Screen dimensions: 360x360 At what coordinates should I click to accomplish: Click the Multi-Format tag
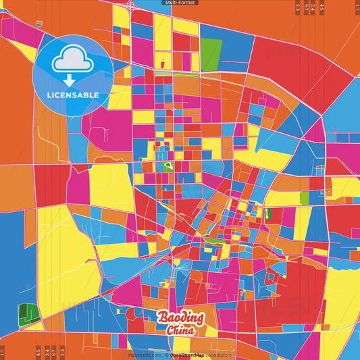(179, 3)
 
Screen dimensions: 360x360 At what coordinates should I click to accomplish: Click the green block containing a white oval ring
(165, 165)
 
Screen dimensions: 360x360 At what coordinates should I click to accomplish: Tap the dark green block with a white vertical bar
(268, 214)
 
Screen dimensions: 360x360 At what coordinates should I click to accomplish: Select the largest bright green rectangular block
(211, 51)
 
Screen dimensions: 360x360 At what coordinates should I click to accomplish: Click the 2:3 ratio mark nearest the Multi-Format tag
(298, 7)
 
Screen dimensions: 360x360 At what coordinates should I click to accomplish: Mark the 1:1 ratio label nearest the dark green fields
(3, 352)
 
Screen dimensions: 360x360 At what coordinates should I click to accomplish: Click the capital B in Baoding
(163, 318)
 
